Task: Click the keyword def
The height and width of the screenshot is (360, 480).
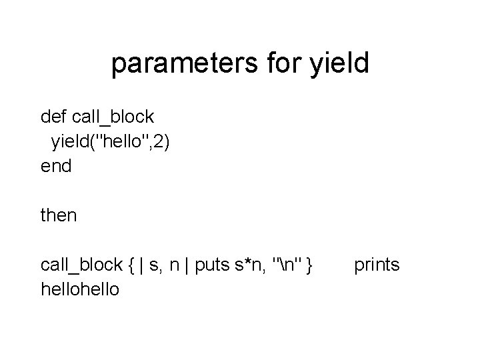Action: [54, 117]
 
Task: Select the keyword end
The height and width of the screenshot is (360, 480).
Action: [56, 166]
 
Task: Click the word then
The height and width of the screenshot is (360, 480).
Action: [59, 215]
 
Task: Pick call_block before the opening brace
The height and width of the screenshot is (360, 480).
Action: [81, 265]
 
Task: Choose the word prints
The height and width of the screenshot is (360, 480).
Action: [377, 265]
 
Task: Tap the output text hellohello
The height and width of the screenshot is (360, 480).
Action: [81, 289]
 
